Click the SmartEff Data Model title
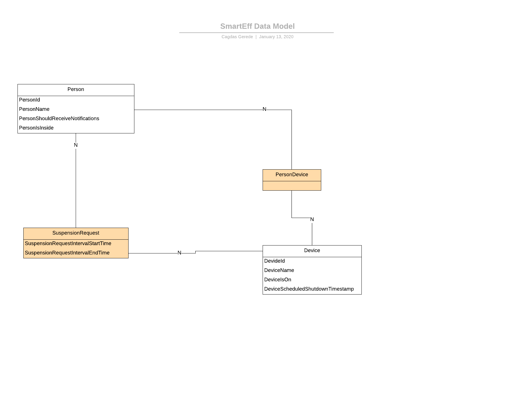pyautogui.click(x=257, y=26)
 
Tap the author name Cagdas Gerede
pyautogui.click(x=237, y=37)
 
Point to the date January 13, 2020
pyautogui.click(x=276, y=37)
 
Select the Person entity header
pyautogui.click(x=76, y=90)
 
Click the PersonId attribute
pyautogui.click(x=29, y=100)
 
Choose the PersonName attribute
pyautogui.click(x=34, y=109)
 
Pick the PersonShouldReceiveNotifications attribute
pyautogui.click(x=59, y=119)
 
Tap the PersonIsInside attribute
pyautogui.click(x=36, y=128)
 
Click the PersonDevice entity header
pyautogui.click(x=292, y=175)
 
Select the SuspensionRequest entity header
pyautogui.click(x=76, y=233)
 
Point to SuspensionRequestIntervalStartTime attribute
pyautogui.click(x=68, y=243)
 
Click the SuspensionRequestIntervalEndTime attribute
pyautogui.click(x=67, y=253)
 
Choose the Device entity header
pyautogui.click(x=312, y=251)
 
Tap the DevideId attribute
pyautogui.click(x=274, y=261)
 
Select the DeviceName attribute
pyautogui.click(x=279, y=270)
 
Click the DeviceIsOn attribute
pyautogui.click(x=277, y=280)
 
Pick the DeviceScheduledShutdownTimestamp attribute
pyautogui.click(x=309, y=289)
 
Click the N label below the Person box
pyautogui.click(x=76, y=145)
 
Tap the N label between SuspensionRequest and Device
pyautogui.click(x=179, y=253)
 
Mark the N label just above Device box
pyautogui.click(x=312, y=220)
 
